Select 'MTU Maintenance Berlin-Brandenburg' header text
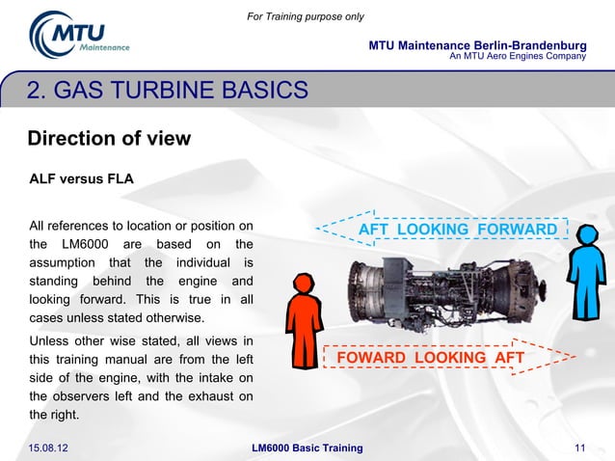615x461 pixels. point(477,46)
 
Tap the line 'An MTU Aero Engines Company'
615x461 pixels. point(519,57)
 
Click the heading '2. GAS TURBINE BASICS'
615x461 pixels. point(168,92)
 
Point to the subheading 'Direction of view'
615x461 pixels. point(109,138)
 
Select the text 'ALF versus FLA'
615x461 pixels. point(81,179)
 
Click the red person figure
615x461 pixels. point(304,318)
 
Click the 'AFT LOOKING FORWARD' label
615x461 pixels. point(458,230)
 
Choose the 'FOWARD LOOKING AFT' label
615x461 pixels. point(430,359)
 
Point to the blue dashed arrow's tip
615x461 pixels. point(320,230)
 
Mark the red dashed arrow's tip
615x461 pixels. point(575,358)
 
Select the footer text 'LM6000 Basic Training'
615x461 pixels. point(307,447)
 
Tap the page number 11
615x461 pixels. point(579,447)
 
